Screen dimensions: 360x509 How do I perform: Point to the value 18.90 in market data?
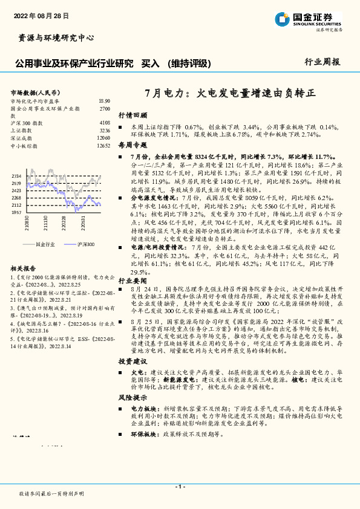click(x=103, y=101)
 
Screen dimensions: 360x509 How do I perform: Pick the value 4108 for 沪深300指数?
click(x=104, y=123)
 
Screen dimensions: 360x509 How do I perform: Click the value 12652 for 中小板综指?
click(x=103, y=146)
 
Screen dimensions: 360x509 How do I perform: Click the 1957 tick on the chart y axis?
click(x=16, y=213)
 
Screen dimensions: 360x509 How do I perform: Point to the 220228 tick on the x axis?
click(x=63, y=227)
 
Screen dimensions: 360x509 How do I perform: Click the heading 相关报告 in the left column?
click(x=24, y=268)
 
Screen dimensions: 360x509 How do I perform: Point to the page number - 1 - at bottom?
click(x=180, y=486)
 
